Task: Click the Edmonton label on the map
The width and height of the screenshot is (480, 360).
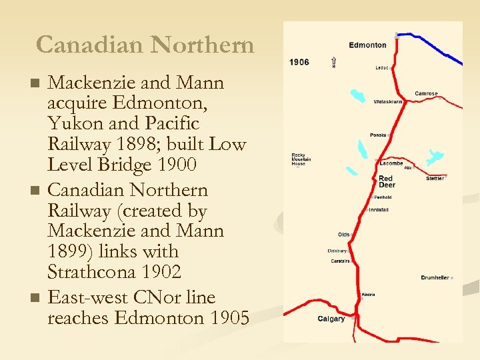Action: click(x=367, y=45)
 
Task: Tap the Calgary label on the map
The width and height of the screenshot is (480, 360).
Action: click(x=331, y=319)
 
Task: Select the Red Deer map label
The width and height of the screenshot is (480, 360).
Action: click(x=387, y=182)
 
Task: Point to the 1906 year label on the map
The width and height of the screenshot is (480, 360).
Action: click(x=299, y=62)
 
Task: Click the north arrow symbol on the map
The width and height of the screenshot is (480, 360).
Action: click(x=333, y=63)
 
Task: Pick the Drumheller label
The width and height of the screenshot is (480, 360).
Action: click(x=435, y=277)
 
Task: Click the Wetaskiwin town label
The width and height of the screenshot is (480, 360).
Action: click(x=387, y=102)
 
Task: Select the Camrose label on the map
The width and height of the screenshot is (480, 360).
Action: click(x=426, y=93)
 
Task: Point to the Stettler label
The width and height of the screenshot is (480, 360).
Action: click(x=435, y=179)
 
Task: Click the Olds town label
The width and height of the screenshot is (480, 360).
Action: click(x=343, y=235)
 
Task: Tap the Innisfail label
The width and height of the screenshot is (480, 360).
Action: click(x=379, y=210)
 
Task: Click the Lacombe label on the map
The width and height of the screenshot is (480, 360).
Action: click(x=391, y=163)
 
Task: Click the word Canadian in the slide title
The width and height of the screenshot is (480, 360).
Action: click(x=91, y=45)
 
